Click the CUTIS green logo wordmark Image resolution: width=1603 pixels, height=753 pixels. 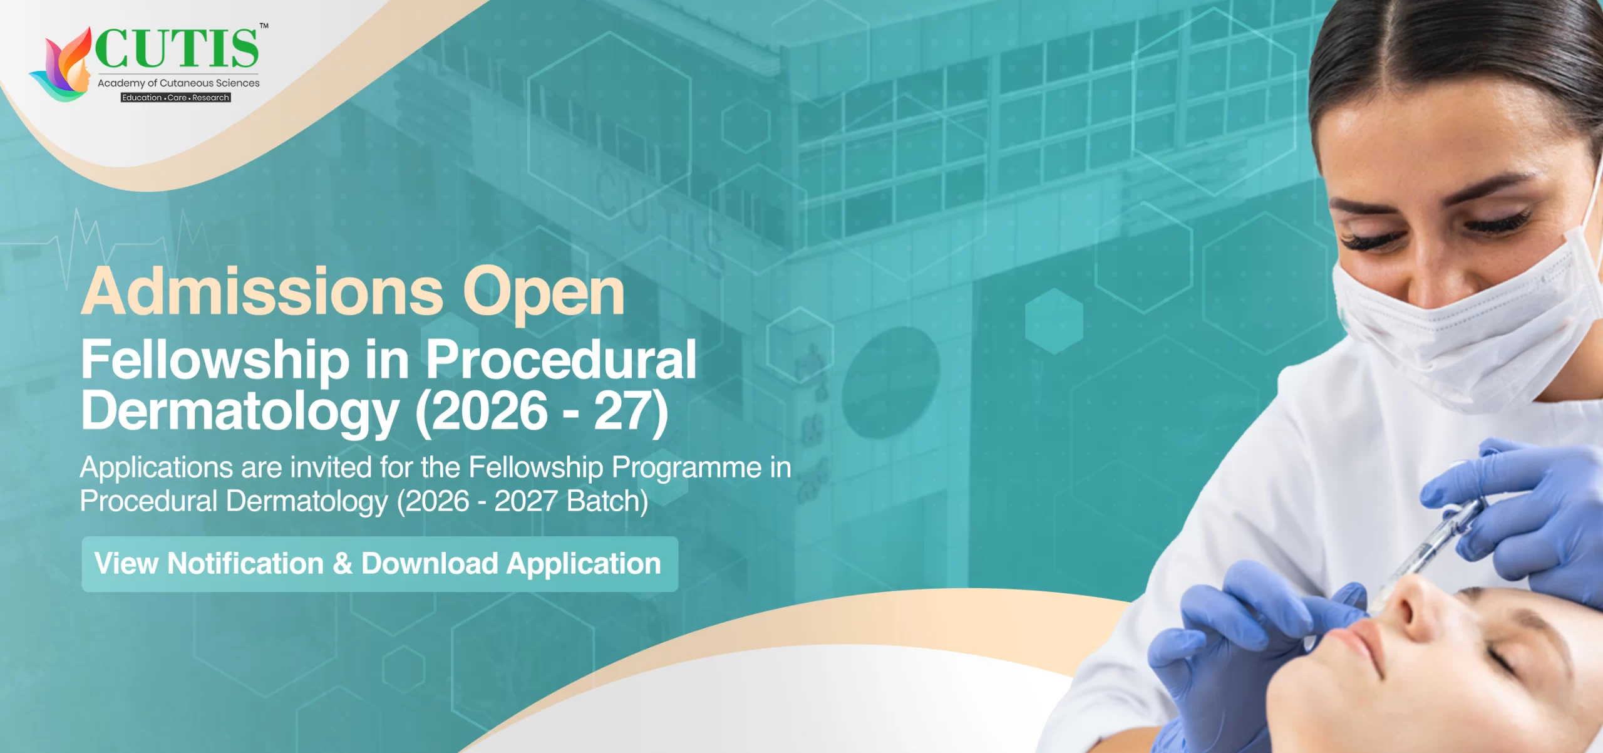click(177, 48)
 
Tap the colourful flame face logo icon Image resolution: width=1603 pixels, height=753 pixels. click(63, 66)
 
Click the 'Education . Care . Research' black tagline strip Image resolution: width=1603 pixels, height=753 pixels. click(175, 98)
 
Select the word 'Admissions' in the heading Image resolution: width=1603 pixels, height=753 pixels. click(262, 292)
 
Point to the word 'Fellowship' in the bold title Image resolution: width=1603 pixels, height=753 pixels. click(215, 360)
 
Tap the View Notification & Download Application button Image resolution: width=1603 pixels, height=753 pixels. click(379, 564)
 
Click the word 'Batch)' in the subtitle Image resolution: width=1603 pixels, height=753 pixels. click(607, 501)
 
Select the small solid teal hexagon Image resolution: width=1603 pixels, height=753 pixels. click(1054, 321)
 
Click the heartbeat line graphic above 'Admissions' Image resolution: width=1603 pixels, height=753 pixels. click(125, 244)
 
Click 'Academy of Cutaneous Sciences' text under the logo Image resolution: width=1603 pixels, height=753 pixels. click(178, 83)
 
